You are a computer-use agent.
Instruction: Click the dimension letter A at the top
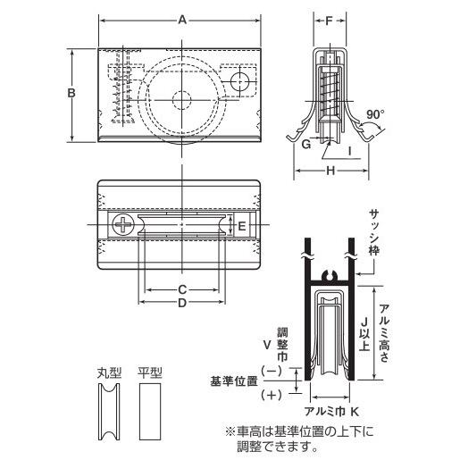[182, 21]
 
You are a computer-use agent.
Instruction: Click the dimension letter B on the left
[71, 93]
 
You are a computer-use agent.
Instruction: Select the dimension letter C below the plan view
[182, 289]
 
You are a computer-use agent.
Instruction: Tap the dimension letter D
[182, 303]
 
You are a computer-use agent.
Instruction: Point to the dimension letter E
[242, 226]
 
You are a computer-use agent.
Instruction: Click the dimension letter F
[329, 21]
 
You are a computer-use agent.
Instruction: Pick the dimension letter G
[306, 145]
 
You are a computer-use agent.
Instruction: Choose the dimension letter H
[330, 171]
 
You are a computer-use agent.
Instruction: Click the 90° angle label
[375, 114]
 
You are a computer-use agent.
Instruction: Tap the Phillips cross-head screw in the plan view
[123, 224]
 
